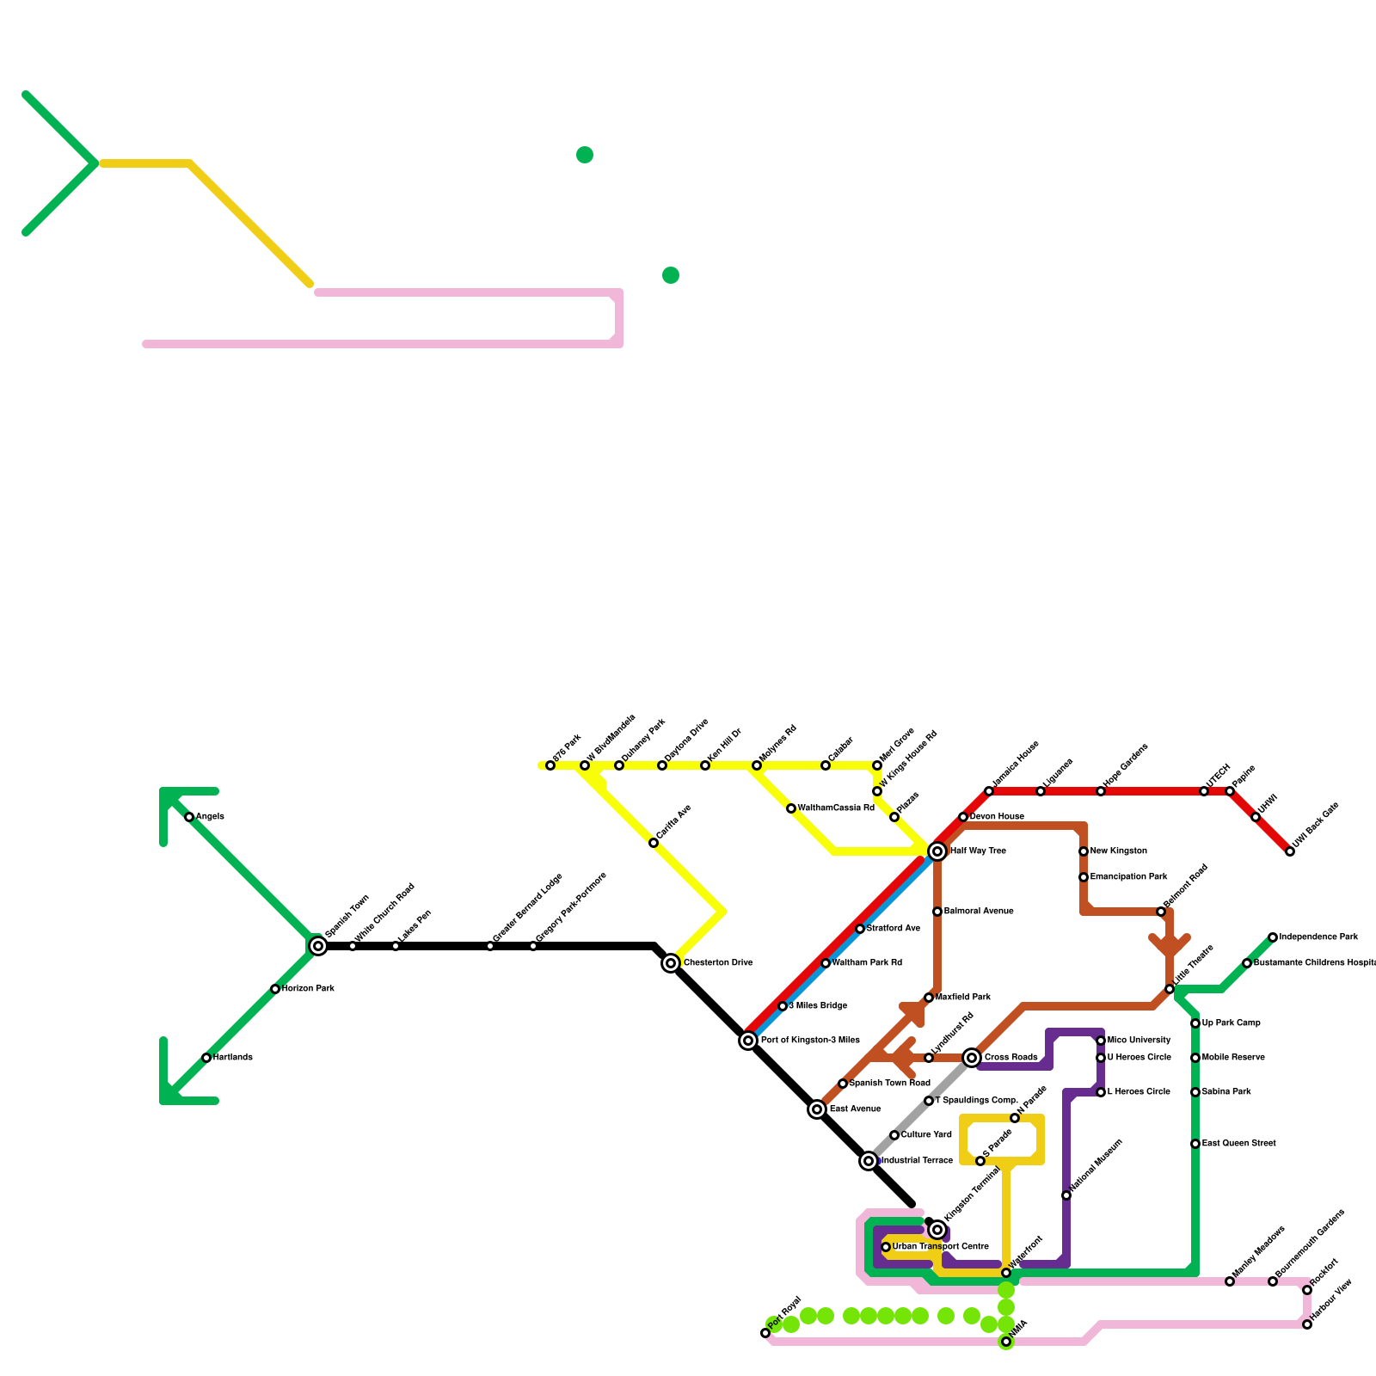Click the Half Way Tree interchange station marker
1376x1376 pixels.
pyautogui.click(x=937, y=851)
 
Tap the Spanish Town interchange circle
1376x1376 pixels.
pyautogui.click(x=318, y=946)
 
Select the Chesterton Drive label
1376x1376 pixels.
pyautogui.click(x=718, y=963)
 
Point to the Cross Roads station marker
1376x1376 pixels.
pyautogui.click(x=972, y=1058)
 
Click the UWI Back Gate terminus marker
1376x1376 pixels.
pyautogui.click(x=1290, y=851)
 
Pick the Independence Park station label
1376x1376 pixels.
pyautogui.click(x=1318, y=937)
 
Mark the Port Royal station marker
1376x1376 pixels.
pyautogui.click(x=765, y=1333)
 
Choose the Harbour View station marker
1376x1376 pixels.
pyautogui.click(x=1307, y=1324)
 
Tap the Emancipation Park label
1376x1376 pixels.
pyautogui.click(x=1128, y=877)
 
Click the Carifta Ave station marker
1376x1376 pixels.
pyautogui.click(x=654, y=843)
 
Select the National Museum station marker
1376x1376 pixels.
pyautogui.click(x=1066, y=1195)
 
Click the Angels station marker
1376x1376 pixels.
pyautogui.click(x=189, y=817)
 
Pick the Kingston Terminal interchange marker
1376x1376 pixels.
pyautogui.click(x=937, y=1230)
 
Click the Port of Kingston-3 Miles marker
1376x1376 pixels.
pyautogui.click(x=748, y=1041)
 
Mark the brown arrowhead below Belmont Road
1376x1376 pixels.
pyautogui.click(x=1170, y=946)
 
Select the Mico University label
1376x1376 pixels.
pyautogui.click(x=1139, y=1041)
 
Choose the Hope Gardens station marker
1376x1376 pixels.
pyautogui.click(x=1101, y=791)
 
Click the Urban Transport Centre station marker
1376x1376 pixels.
pyautogui.click(x=886, y=1247)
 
